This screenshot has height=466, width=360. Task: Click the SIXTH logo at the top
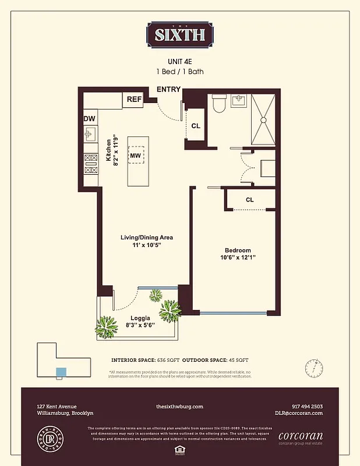tap(179, 34)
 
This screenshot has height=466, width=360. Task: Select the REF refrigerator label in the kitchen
tap(135, 100)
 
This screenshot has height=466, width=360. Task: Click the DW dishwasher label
tap(89, 119)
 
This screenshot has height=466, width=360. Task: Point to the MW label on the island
tap(135, 156)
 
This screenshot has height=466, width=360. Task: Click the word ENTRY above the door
tap(169, 89)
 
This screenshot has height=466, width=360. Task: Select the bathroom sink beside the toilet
tap(239, 101)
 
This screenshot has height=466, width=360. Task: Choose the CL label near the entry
tap(196, 125)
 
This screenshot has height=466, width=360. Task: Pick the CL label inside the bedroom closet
tap(250, 200)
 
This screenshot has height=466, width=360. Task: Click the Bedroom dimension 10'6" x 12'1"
tap(238, 257)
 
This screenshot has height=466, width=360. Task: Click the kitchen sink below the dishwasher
tap(90, 135)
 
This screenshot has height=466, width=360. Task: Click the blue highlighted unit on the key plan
tap(60, 372)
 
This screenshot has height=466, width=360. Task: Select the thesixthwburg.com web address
tap(179, 407)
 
